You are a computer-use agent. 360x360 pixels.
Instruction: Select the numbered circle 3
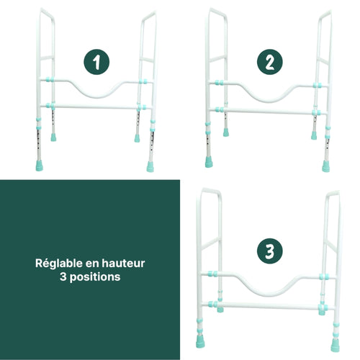click(x=269, y=251)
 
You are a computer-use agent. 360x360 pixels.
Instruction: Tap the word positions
click(x=94, y=277)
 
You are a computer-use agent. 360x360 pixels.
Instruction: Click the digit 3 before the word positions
click(x=64, y=277)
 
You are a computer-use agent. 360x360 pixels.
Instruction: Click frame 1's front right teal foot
click(x=150, y=166)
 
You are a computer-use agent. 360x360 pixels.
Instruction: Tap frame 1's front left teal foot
click(x=53, y=135)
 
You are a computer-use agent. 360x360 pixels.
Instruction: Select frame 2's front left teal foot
click(x=223, y=132)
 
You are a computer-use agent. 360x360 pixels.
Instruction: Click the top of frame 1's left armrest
click(x=46, y=11)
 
